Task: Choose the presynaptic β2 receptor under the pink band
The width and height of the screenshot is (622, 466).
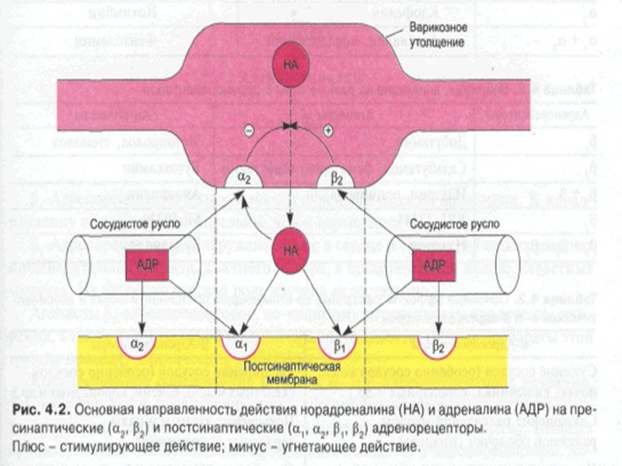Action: [337, 177]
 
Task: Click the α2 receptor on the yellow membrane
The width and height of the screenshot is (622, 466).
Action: [138, 344]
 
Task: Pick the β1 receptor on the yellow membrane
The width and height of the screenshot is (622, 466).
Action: [337, 344]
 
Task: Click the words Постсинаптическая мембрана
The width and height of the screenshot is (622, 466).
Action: [289, 371]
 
